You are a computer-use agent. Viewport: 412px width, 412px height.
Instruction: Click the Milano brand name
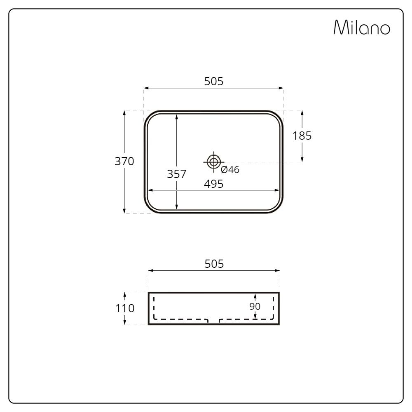point(361,28)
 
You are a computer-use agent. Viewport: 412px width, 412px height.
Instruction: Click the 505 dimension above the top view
point(214,82)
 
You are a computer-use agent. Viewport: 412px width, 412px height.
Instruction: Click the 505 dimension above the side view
point(214,264)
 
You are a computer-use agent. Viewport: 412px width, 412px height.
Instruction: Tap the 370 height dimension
point(124,162)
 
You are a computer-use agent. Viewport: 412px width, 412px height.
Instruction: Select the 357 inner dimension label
point(176,174)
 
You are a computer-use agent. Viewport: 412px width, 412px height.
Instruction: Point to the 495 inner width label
point(214,184)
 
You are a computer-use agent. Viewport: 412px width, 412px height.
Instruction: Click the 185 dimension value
point(302,136)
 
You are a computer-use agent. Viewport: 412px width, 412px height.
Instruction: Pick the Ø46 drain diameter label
point(230,170)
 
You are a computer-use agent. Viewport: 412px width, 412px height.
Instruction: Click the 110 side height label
point(125,308)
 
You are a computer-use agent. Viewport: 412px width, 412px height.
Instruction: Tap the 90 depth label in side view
point(255,307)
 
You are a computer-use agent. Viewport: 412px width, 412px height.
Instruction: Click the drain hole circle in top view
point(213,162)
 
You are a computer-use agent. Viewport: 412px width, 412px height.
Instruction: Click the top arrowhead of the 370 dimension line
point(124,112)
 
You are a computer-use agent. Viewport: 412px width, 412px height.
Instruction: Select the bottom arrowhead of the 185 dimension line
point(302,159)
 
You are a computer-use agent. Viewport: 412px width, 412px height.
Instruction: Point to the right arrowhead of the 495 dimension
point(278,190)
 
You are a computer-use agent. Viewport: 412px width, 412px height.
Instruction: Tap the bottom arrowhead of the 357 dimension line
point(176,207)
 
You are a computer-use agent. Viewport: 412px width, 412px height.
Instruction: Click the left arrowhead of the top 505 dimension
point(146,88)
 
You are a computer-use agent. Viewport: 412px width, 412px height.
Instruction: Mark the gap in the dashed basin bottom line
point(213,320)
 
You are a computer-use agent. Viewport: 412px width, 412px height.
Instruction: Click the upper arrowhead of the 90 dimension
point(255,295)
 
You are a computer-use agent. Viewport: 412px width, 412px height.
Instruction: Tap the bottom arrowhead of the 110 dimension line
point(125,323)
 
